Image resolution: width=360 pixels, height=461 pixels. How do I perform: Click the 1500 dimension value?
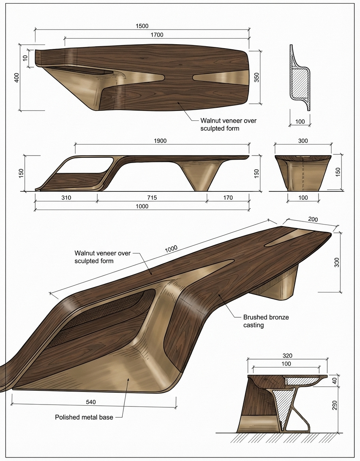click(142, 26)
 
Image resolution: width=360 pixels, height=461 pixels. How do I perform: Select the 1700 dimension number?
click(157, 35)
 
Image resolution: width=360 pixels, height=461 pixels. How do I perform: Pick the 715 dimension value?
click(152, 197)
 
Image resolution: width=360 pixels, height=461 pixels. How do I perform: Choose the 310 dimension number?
click(66, 197)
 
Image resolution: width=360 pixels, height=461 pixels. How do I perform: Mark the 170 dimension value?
click(228, 197)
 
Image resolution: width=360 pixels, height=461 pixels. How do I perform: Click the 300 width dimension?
click(303, 141)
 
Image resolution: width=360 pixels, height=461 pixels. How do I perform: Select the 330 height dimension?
click(337, 262)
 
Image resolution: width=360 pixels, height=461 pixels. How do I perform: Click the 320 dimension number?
click(287, 355)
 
